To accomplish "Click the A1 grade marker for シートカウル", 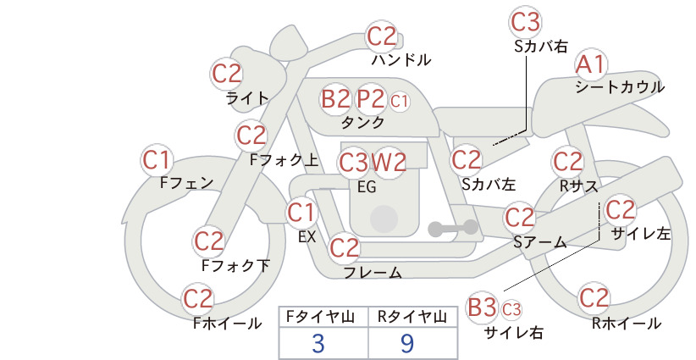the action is (x=591, y=65).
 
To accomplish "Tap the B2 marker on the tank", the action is (x=335, y=98).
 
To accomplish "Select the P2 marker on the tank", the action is (x=371, y=98).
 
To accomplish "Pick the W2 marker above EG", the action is (x=389, y=163).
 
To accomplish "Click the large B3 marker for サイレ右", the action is (x=482, y=307).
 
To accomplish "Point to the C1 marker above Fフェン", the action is (x=157, y=160).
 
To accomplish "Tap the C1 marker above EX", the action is (x=301, y=213).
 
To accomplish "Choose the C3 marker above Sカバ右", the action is (x=525, y=23).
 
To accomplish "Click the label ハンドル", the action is (x=400, y=60).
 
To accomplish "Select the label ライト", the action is (x=248, y=97).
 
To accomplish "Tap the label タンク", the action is (x=362, y=122).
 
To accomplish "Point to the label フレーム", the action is (x=373, y=273).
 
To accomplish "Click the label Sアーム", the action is (x=540, y=242).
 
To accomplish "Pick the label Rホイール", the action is (x=627, y=324).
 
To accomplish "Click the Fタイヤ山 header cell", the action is (x=323, y=317).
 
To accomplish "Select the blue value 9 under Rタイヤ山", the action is (x=406, y=343).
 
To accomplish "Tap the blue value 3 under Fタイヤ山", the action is (x=318, y=343).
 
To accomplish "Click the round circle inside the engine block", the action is (x=384, y=219).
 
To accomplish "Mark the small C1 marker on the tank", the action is (x=399, y=101).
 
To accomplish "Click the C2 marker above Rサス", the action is (x=567, y=162).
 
